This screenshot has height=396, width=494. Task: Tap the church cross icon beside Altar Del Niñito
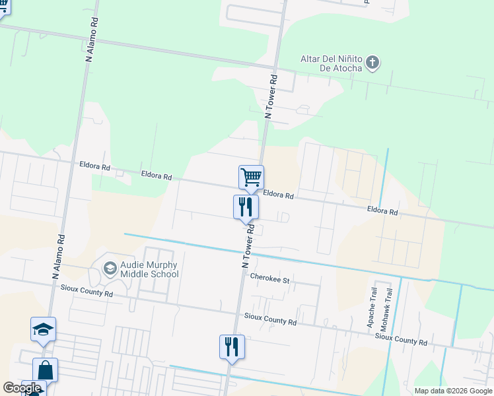coord(373,63)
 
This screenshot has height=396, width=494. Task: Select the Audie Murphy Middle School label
coord(149,269)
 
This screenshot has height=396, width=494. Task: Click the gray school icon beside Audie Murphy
coord(110,268)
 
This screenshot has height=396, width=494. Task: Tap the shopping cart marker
coord(251,177)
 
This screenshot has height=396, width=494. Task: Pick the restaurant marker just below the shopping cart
coord(246,207)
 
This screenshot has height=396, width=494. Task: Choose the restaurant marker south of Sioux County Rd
coord(232,346)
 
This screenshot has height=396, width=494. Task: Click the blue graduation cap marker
coord(43,329)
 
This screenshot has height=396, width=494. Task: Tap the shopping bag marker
coord(45,370)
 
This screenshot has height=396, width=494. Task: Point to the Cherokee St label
coord(270,280)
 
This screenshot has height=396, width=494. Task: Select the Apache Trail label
coord(372,308)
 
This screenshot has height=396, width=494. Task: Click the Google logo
coord(22,388)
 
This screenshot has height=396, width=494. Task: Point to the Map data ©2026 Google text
coord(453,391)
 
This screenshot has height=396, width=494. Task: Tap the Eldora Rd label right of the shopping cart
coord(277,195)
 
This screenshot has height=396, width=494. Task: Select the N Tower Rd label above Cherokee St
coord(248,246)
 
